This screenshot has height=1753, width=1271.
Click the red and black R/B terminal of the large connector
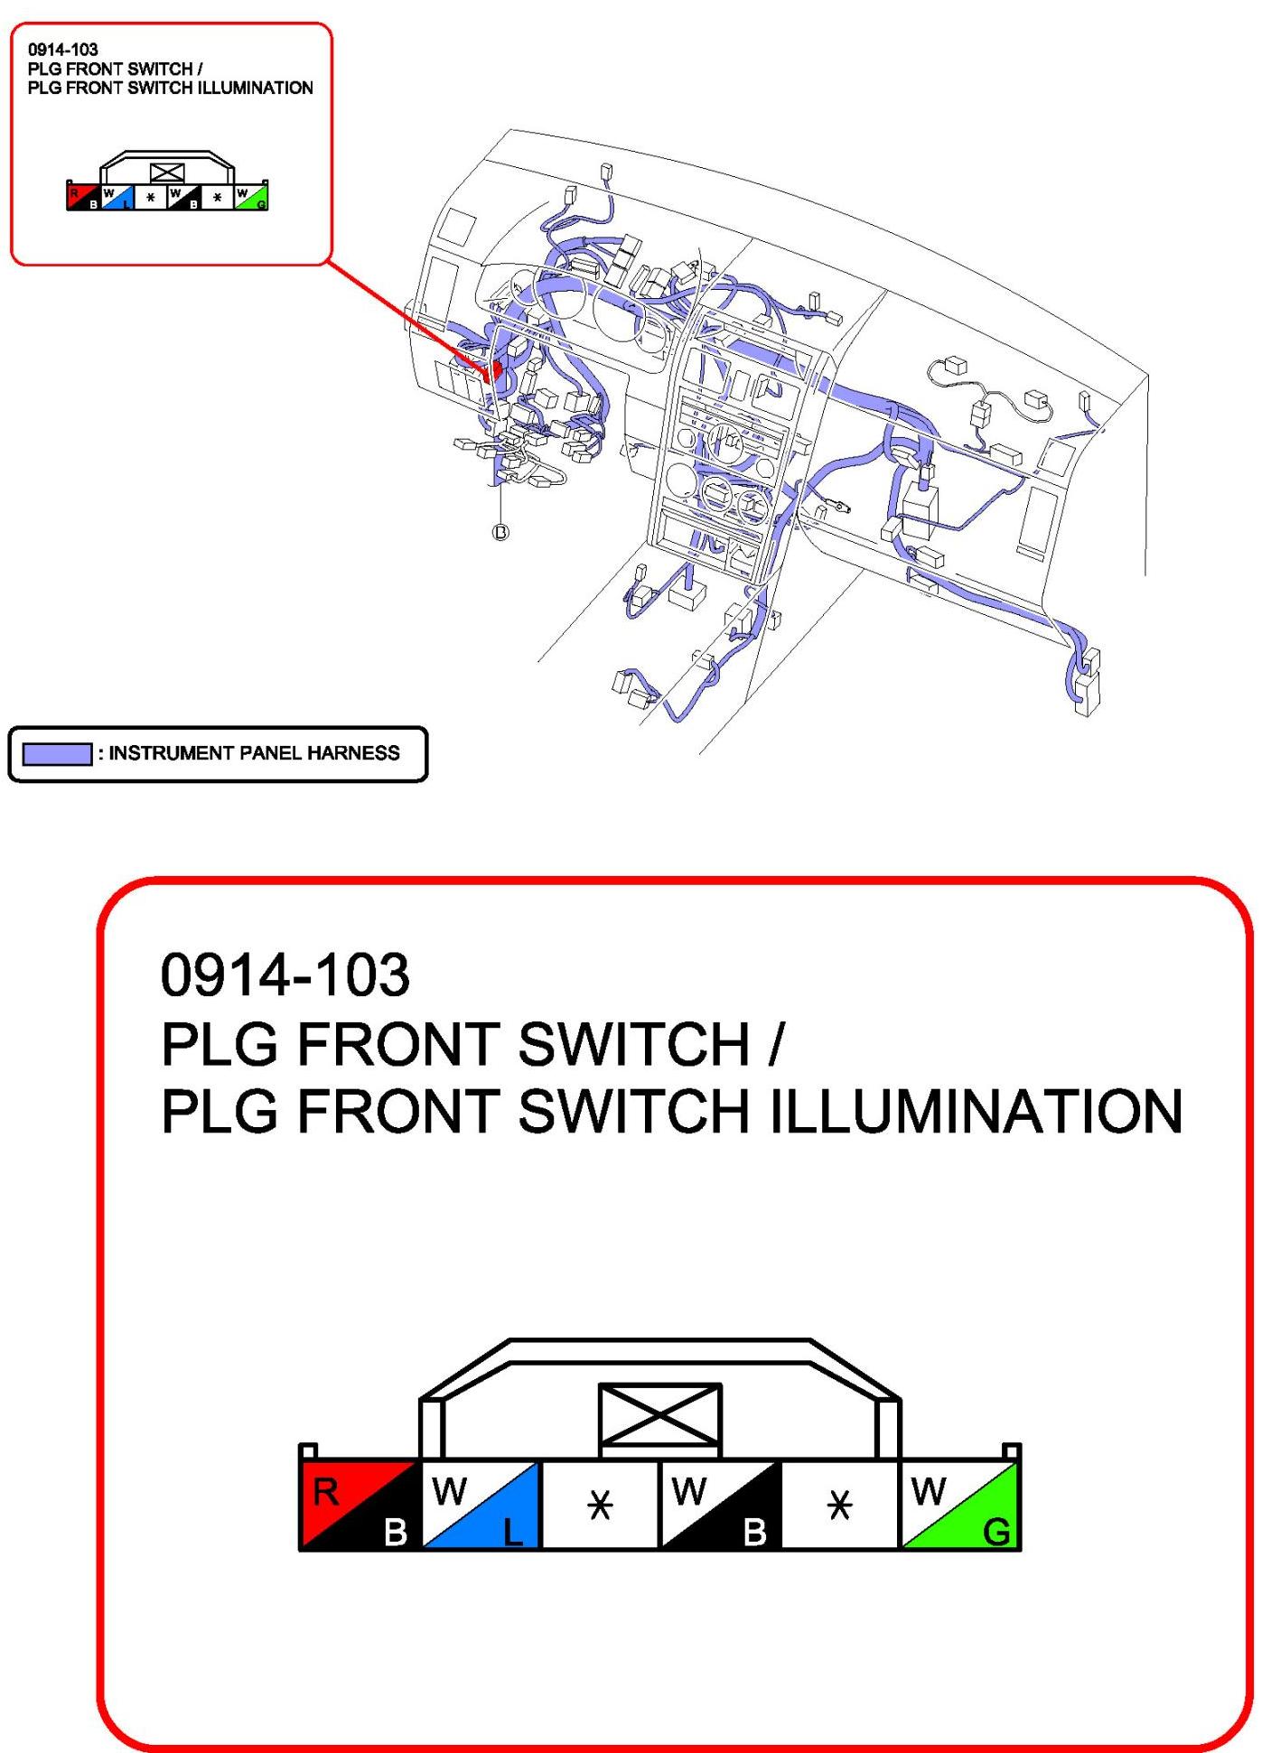[360, 1506]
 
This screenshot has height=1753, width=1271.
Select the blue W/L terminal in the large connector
[481, 1506]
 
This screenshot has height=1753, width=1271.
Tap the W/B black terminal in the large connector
[720, 1506]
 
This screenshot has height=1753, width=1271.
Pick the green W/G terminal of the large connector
[960, 1506]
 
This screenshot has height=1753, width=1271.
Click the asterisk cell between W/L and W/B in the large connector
[601, 1506]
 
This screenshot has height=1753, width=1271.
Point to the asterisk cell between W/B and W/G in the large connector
[840, 1506]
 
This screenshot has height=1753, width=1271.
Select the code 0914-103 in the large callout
[285, 975]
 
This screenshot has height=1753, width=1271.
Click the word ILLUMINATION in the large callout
[976, 1111]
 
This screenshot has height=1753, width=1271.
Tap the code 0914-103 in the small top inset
[62, 50]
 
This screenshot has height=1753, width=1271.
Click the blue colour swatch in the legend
[57, 753]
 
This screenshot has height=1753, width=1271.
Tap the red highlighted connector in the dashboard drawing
[493, 369]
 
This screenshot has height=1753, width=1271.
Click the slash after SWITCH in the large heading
[775, 1044]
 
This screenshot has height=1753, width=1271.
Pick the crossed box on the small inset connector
[167, 173]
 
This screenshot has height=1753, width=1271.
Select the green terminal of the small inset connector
[251, 198]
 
